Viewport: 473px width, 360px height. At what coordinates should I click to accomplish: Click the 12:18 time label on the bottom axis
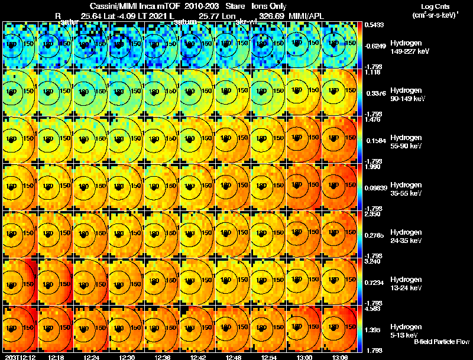(x=57, y=357)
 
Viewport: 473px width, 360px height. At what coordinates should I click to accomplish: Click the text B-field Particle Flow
(x=442, y=342)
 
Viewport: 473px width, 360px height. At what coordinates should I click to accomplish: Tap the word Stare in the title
(x=227, y=6)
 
